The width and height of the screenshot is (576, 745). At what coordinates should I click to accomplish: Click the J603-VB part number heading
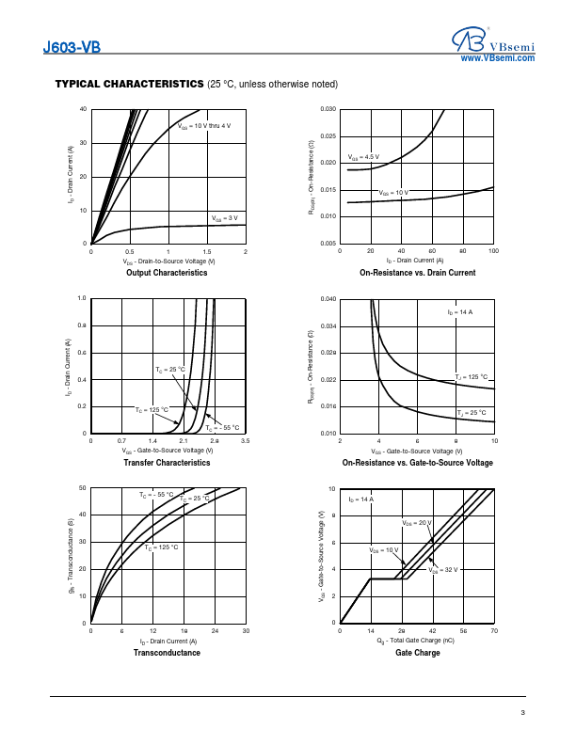(72, 47)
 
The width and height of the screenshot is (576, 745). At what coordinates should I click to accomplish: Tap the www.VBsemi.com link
(497, 58)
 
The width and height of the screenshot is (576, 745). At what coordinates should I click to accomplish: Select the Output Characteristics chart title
(167, 273)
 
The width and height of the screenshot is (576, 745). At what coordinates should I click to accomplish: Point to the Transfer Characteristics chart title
(168, 463)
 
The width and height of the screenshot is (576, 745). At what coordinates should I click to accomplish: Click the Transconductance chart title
(168, 653)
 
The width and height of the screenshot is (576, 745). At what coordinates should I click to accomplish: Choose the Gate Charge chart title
(417, 653)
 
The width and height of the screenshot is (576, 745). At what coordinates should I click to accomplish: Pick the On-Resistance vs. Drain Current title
(417, 273)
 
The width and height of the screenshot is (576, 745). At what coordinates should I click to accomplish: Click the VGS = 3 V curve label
(223, 217)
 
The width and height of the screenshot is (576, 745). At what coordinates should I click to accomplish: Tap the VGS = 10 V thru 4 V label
(204, 125)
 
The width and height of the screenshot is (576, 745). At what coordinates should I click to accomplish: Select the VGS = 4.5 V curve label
(363, 157)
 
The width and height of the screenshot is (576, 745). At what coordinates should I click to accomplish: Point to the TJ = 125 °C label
(472, 377)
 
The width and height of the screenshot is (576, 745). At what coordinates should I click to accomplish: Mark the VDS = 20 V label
(417, 522)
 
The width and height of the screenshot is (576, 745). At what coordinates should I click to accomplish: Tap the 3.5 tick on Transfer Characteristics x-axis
(245, 440)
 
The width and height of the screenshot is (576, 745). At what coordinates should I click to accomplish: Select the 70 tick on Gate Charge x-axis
(494, 630)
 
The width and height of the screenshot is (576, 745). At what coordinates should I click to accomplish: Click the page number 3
(522, 712)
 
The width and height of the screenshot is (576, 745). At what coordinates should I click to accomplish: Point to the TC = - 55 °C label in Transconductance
(156, 494)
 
